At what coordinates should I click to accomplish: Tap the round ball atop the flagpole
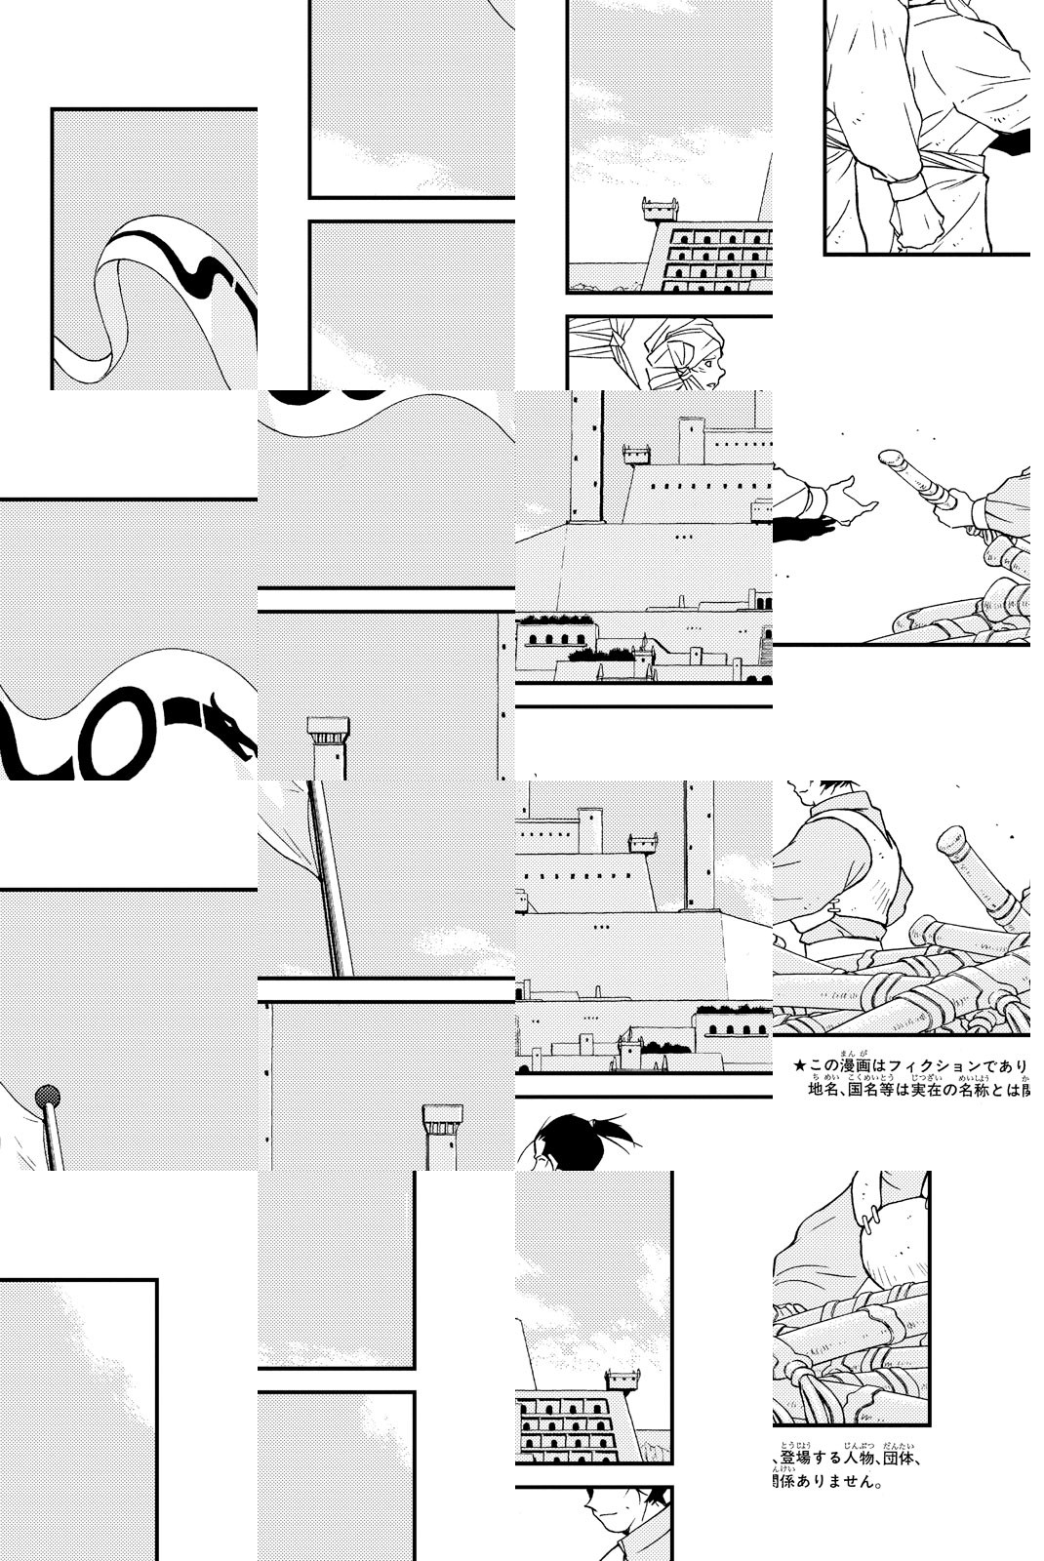pyautogui.click(x=47, y=1097)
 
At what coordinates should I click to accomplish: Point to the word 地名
pyautogui.click(x=824, y=1089)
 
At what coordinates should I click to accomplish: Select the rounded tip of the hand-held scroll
pyautogui.click(x=889, y=458)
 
